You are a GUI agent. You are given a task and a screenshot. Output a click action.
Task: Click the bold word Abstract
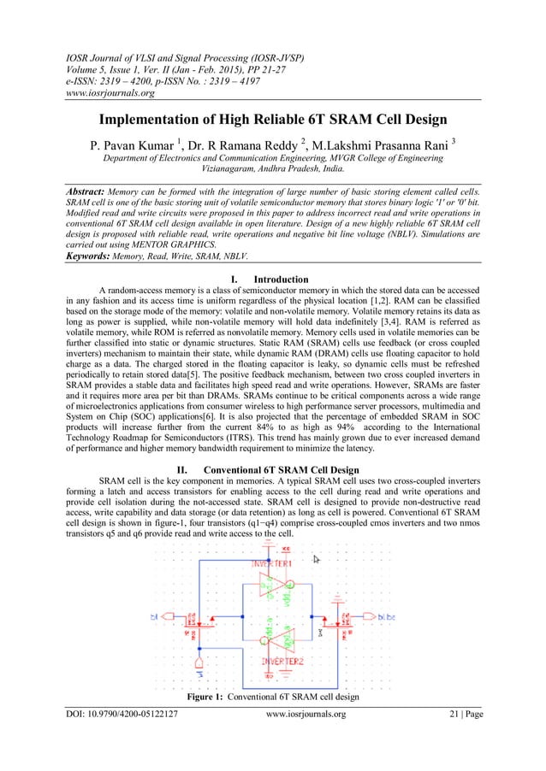point(92,193)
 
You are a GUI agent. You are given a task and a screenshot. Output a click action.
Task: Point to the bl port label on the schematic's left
point(155,615)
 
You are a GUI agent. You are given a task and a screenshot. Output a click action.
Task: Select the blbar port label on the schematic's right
point(385,615)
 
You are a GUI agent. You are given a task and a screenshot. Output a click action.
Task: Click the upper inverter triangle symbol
point(272,588)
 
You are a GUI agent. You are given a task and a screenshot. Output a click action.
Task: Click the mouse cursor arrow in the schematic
point(316,560)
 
